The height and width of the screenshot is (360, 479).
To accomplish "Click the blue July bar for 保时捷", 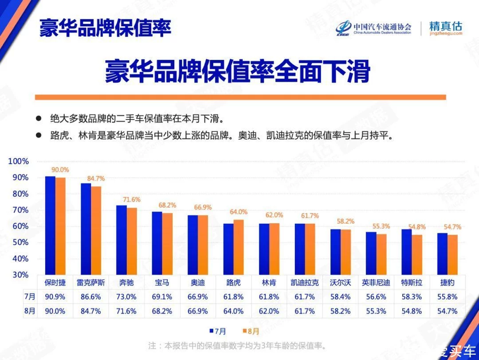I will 50,225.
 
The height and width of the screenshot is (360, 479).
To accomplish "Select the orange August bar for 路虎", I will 239,247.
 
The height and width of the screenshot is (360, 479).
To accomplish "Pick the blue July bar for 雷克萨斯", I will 86,229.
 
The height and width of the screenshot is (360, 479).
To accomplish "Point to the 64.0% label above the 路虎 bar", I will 239,212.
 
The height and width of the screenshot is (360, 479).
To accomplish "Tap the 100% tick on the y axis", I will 19,162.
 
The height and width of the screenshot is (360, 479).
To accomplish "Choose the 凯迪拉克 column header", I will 304,282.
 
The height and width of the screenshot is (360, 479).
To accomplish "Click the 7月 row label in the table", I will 29,297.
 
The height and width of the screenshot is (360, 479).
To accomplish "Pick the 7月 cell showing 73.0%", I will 126,297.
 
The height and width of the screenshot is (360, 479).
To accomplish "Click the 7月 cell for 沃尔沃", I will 340,297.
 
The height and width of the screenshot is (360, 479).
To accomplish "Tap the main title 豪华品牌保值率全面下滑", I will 238,71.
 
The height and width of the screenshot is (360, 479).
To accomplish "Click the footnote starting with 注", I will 237,345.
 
